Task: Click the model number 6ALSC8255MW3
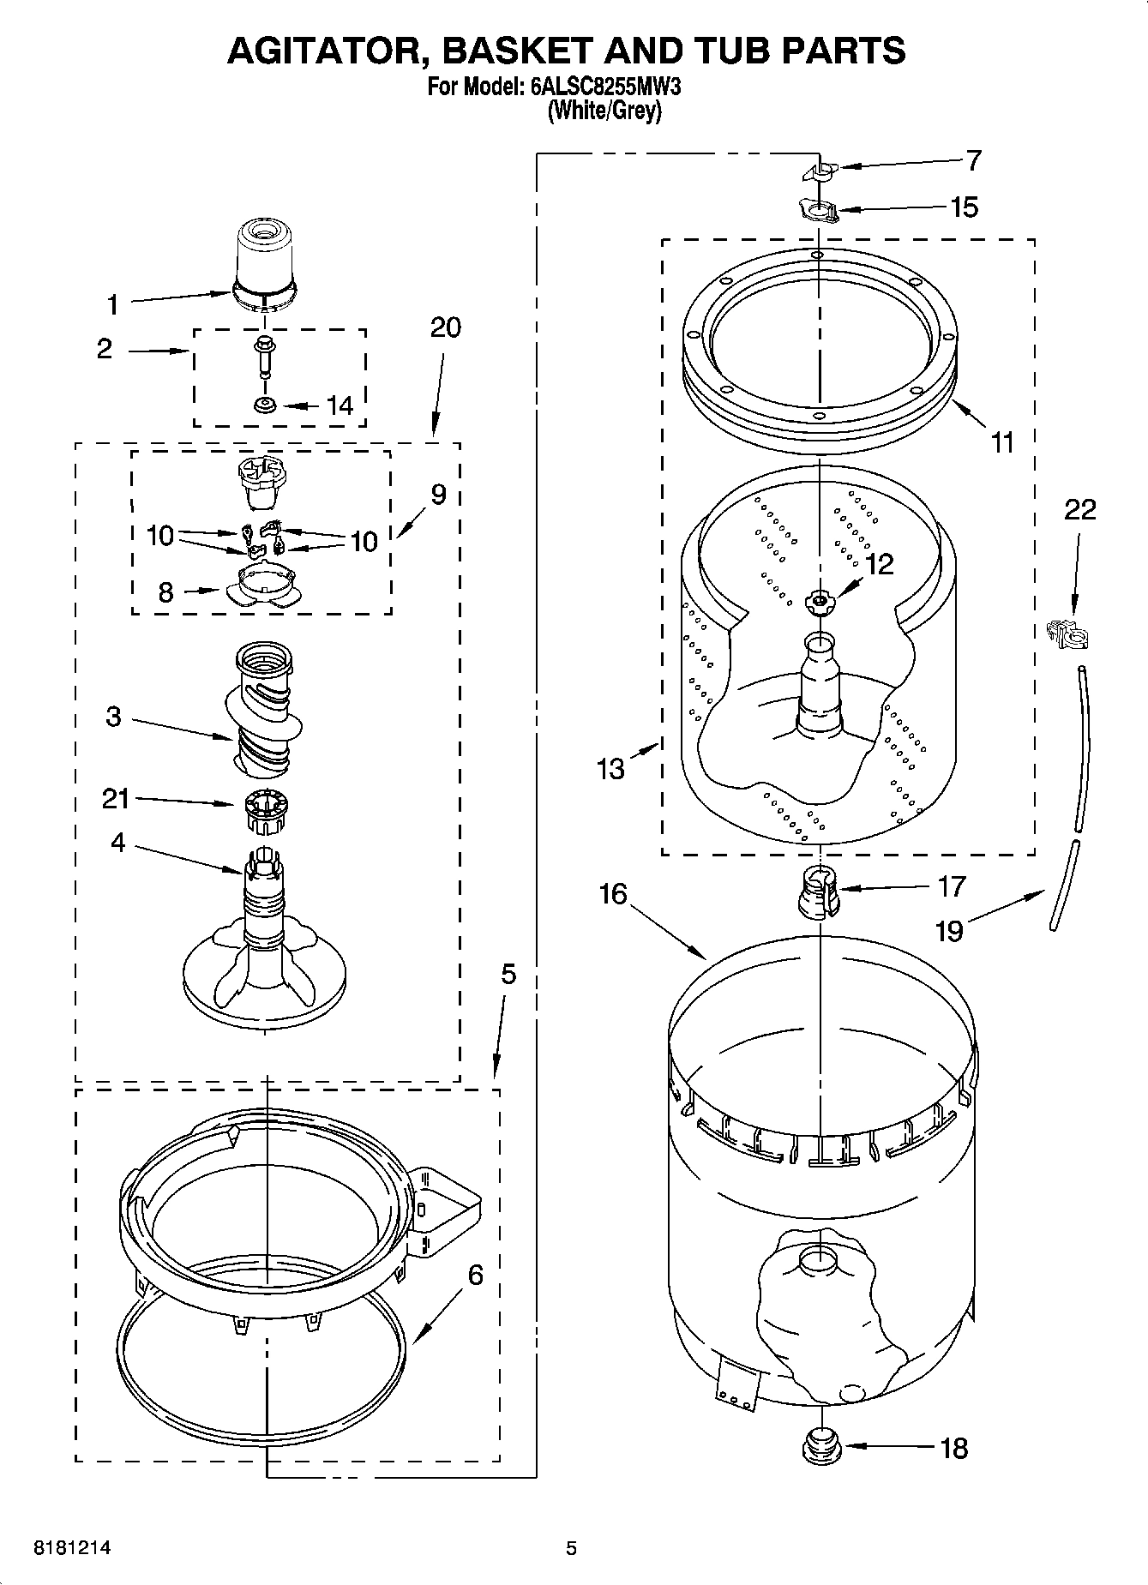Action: coord(605,87)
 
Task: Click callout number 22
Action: coord(1079,510)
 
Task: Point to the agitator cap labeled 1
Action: coord(265,261)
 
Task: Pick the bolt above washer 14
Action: coord(264,356)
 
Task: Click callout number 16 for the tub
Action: coord(612,894)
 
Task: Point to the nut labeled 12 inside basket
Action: coord(820,603)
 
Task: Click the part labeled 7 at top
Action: coord(820,171)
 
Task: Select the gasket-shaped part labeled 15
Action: coord(819,209)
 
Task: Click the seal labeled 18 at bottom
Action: coord(820,1447)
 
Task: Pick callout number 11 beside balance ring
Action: coord(1001,443)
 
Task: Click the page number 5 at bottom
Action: coord(571,1548)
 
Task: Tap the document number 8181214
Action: coord(72,1548)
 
